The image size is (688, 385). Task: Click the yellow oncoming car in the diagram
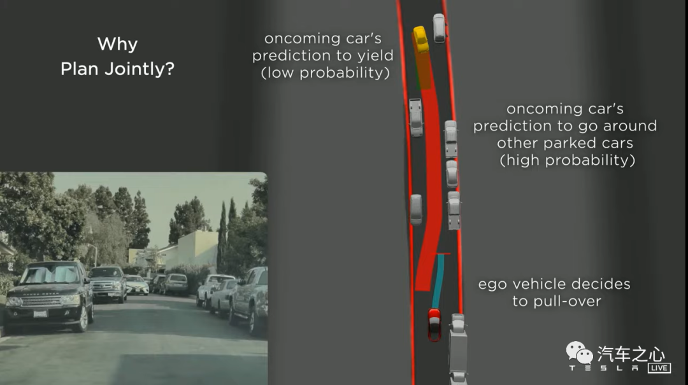[420, 39]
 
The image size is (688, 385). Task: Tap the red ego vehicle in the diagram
[434, 325]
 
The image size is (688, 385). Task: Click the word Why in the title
[117, 44]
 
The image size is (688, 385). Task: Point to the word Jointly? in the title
[140, 69]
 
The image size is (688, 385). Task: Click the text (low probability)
[325, 73]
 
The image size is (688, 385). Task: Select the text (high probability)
[568, 160]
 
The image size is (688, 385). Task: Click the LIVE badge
[659, 367]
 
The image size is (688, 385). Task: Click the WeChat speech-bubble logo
[579, 353]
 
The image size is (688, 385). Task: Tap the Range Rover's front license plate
[40, 314]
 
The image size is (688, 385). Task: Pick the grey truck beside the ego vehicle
[457, 349]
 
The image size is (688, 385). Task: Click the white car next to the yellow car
[439, 28]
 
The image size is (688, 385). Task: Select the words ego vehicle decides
[554, 284]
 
